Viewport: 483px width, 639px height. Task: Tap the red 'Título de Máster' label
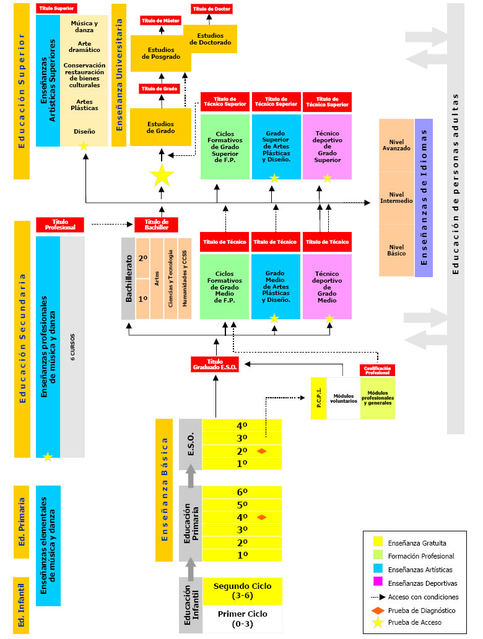(160, 20)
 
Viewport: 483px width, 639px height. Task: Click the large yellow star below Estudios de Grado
(162, 176)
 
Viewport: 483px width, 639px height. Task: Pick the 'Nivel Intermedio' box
(396, 197)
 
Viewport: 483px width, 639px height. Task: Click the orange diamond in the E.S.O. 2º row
(261, 452)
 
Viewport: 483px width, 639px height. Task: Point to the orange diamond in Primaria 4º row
(261, 517)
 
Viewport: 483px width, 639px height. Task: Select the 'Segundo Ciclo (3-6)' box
(242, 590)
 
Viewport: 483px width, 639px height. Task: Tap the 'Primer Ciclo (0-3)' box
(242, 618)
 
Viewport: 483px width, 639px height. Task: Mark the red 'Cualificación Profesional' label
(377, 370)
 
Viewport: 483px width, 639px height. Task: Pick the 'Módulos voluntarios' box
(343, 397)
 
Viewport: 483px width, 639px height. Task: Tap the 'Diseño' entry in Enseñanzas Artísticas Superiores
(84, 131)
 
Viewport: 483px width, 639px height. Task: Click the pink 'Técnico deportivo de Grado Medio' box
(327, 286)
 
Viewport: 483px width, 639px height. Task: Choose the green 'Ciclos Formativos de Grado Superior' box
(225, 147)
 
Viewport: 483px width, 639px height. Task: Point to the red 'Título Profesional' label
(59, 224)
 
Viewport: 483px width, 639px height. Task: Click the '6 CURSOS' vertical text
(72, 346)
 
